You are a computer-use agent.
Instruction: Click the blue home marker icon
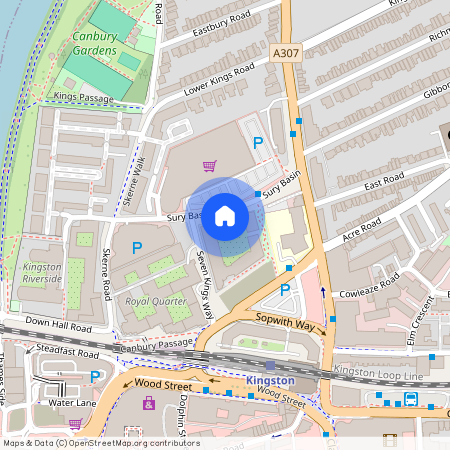(x=225, y=215)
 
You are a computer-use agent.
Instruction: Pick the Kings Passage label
(x=85, y=96)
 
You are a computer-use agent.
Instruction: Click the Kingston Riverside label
(x=41, y=273)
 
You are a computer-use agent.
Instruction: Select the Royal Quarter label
(x=156, y=300)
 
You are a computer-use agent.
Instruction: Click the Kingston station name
(x=270, y=381)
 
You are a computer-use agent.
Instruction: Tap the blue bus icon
(x=411, y=399)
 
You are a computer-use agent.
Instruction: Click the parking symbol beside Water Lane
(x=95, y=377)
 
